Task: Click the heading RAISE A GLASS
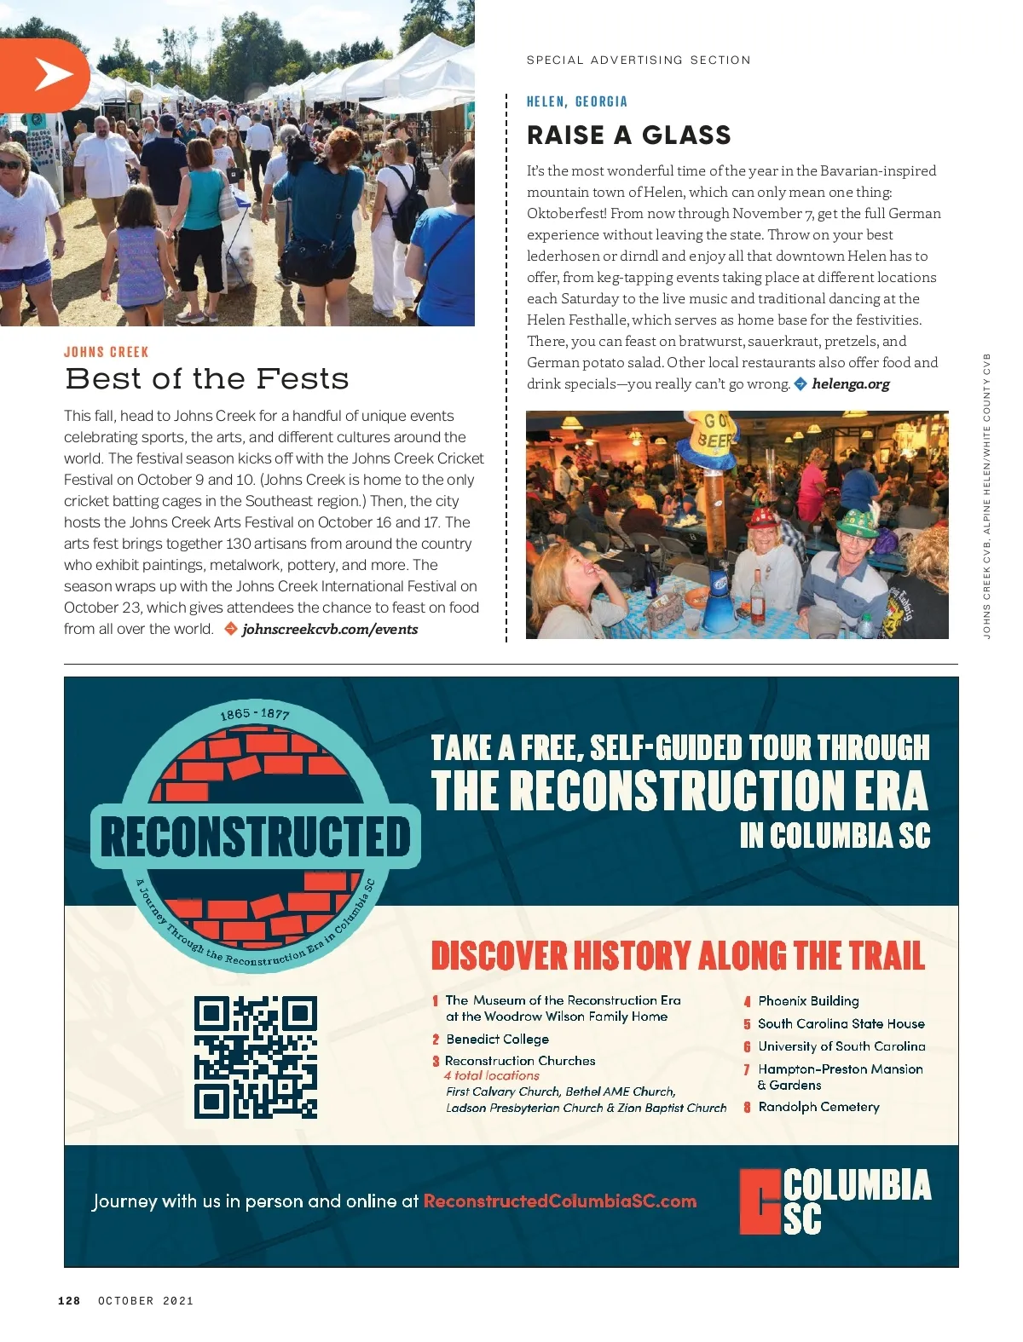(628, 135)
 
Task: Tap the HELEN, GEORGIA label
(576, 101)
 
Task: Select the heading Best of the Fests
(206, 378)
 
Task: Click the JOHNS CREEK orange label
(106, 352)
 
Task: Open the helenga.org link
(850, 384)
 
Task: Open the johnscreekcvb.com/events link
(330, 630)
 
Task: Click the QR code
(256, 1057)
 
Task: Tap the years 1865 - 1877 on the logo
(255, 714)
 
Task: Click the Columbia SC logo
(835, 1201)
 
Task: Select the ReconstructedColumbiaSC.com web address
(560, 1201)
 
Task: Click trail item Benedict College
(497, 1040)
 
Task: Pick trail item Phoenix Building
(808, 1001)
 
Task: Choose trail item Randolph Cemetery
(818, 1107)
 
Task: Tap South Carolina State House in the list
(841, 1024)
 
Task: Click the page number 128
(69, 1301)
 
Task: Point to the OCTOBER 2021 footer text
(146, 1301)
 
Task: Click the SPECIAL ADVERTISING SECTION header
(639, 60)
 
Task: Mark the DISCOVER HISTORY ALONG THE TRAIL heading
(678, 956)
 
